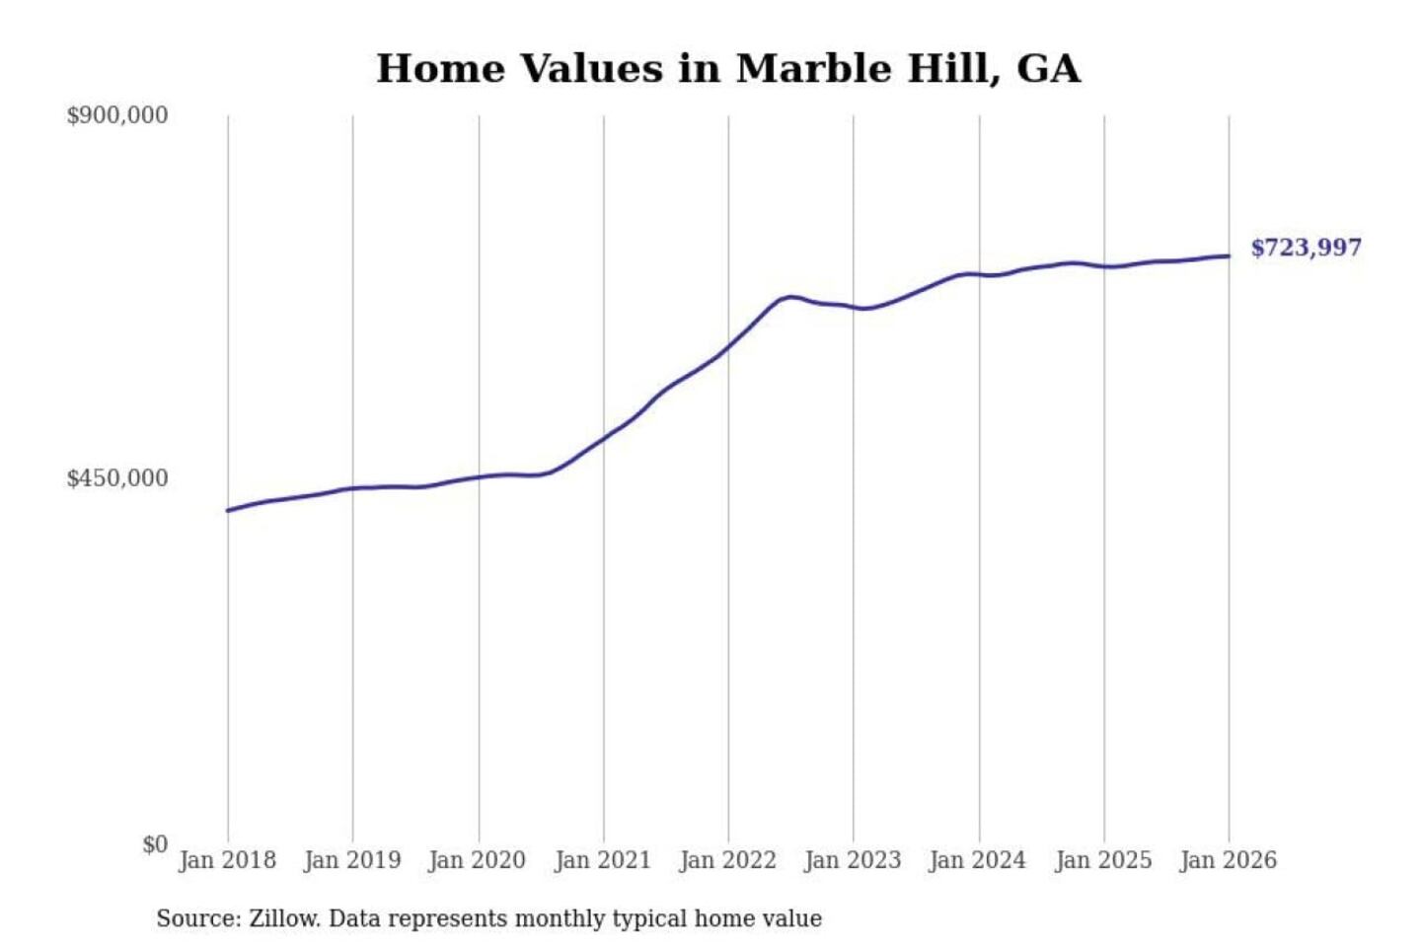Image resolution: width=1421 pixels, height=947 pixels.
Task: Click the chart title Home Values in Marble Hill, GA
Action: [x=728, y=69]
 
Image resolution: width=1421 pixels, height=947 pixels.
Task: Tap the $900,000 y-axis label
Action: [x=116, y=115]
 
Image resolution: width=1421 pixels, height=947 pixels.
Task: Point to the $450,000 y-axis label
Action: [x=116, y=478]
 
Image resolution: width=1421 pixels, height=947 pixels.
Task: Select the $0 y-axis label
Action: [x=155, y=844]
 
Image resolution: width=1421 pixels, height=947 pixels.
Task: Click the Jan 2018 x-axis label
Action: [x=227, y=860]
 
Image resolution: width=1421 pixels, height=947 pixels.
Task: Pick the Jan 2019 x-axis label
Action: [x=352, y=860]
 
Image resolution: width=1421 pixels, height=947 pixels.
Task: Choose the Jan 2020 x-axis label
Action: [x=478, y=860]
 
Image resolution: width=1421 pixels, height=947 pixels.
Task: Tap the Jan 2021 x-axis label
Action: [x=603, y=860]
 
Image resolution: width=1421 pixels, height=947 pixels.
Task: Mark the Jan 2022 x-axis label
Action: [x=728, y=860]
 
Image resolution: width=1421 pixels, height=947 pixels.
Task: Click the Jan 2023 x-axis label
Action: [x=853, y=860]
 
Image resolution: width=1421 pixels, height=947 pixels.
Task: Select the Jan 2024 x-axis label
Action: [x=978, y=860]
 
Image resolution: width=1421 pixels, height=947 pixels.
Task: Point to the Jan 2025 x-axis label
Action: [x=1103, y=860]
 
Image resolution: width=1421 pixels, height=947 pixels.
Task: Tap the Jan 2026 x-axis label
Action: [x=1229, y=860]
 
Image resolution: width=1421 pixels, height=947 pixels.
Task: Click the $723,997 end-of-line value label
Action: [x=1306, y=248]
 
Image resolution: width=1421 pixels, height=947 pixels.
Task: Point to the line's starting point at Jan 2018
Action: [x=228, y=510]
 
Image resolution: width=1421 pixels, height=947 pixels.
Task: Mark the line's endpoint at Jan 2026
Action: [x=1229, y=256]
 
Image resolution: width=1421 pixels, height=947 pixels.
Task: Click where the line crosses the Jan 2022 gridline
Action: [x=728, y=345]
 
